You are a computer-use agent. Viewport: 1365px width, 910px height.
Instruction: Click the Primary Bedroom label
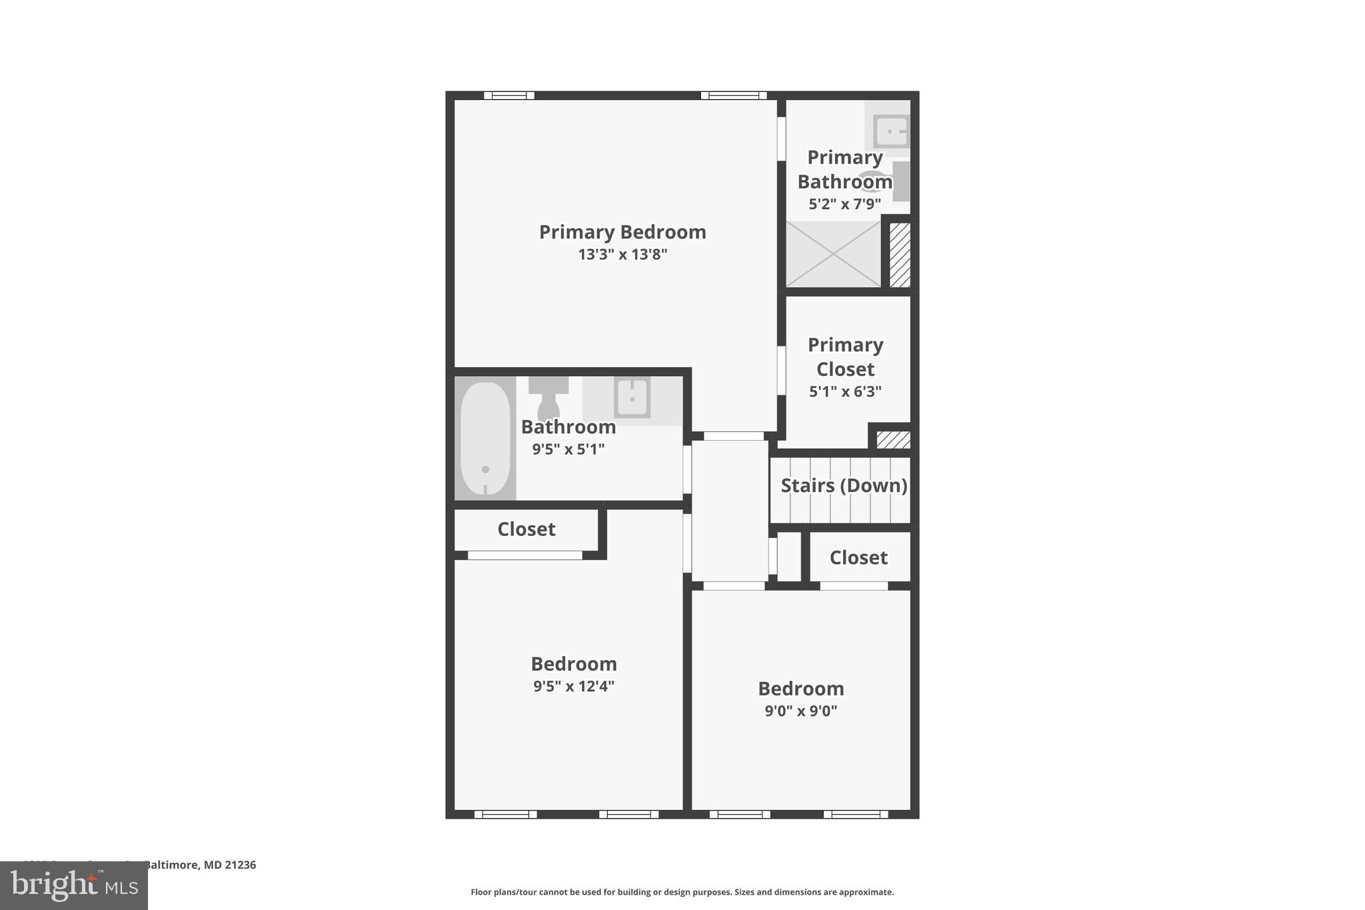pos(622,232)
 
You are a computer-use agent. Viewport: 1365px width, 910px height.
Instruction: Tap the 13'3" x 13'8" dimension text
pos(622,255)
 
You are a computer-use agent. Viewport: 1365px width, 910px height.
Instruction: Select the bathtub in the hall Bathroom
pos(485,438)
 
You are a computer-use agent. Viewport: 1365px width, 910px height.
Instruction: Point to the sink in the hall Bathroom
pos(631,397)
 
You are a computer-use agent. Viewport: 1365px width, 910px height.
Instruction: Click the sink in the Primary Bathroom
pos(890,131)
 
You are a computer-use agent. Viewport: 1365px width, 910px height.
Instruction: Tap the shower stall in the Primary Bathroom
pos(833,254)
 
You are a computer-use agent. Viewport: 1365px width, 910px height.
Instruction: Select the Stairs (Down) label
pos(843,485)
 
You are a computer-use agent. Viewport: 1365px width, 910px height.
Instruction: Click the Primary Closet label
pos(845,357)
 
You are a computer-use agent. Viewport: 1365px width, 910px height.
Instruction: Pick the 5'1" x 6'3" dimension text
pos(845,392)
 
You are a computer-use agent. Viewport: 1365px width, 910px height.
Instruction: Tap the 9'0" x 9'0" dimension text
pos(800,711)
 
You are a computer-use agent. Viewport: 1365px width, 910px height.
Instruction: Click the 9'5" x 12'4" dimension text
pos(573,687)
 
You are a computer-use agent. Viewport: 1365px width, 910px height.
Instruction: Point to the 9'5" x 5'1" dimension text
pos(568,449)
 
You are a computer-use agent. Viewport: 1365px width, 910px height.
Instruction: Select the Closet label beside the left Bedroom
pos(526,529)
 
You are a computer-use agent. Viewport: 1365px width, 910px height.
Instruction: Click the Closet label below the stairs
pos(858,557)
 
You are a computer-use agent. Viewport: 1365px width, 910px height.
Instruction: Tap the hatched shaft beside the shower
pos(900,255)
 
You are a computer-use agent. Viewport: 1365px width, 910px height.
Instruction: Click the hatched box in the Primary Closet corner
pos(892,439)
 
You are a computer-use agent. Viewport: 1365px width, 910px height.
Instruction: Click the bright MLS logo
pos(74,885)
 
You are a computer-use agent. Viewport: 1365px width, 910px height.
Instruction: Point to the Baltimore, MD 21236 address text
pos(200,865)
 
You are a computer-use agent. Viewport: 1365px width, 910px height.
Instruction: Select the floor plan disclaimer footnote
pos(682,892)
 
